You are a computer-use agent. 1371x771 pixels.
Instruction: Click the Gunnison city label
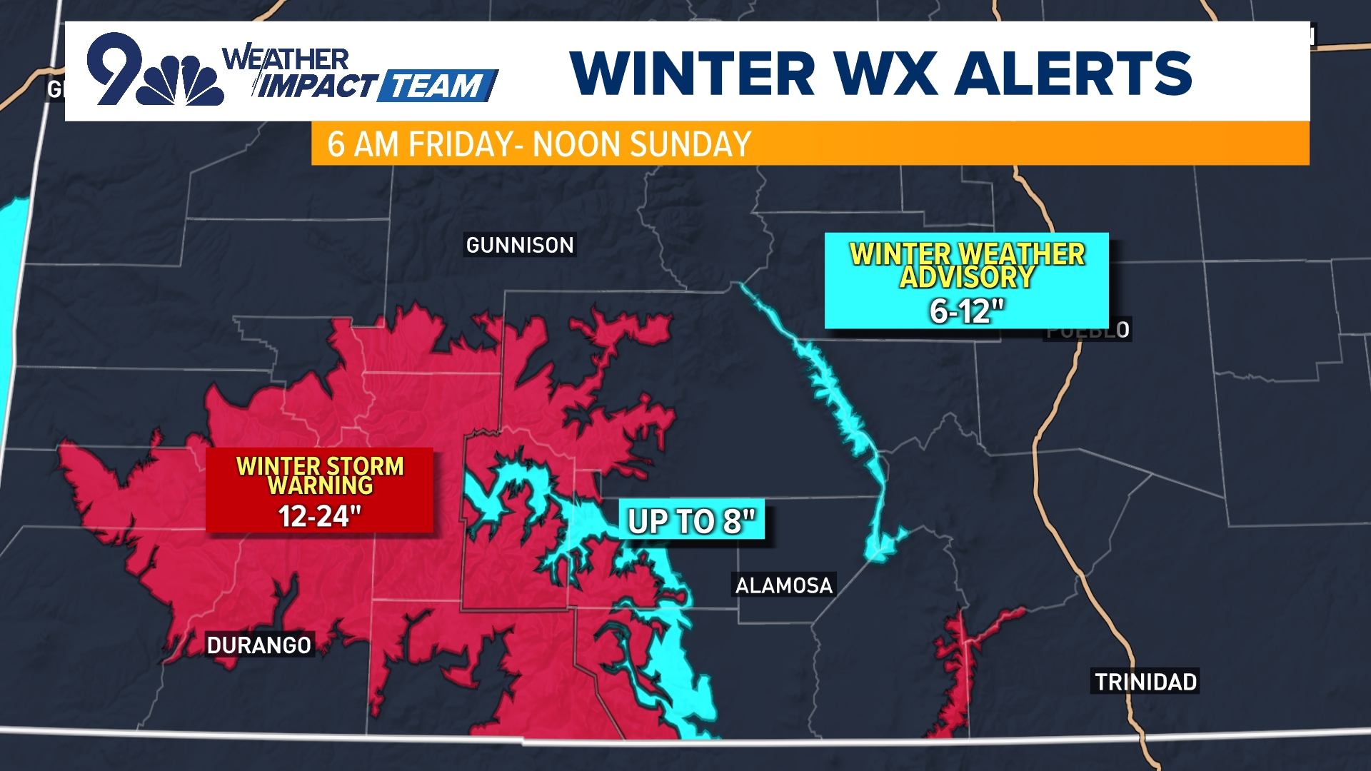pos(520,245)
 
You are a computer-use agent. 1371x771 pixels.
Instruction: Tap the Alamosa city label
pos(784,585)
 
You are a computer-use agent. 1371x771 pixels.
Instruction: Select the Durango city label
pos(259,645)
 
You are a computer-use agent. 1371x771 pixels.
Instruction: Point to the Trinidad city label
pos(1145,682)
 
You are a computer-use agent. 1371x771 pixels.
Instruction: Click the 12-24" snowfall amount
pos(319,515)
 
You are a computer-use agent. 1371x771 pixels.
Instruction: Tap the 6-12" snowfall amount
pos(967,311)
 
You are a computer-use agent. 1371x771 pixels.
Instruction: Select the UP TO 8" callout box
pos(691,520)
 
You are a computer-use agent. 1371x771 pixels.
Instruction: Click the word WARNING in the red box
pos(320,485)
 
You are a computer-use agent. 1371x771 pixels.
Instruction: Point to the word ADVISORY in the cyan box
pos(967,277)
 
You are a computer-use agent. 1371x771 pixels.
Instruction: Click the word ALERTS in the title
pos(1074,73)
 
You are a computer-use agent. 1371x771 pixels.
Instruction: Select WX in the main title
pos(885,73)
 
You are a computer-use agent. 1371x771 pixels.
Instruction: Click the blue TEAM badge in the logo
pos(437,86)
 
